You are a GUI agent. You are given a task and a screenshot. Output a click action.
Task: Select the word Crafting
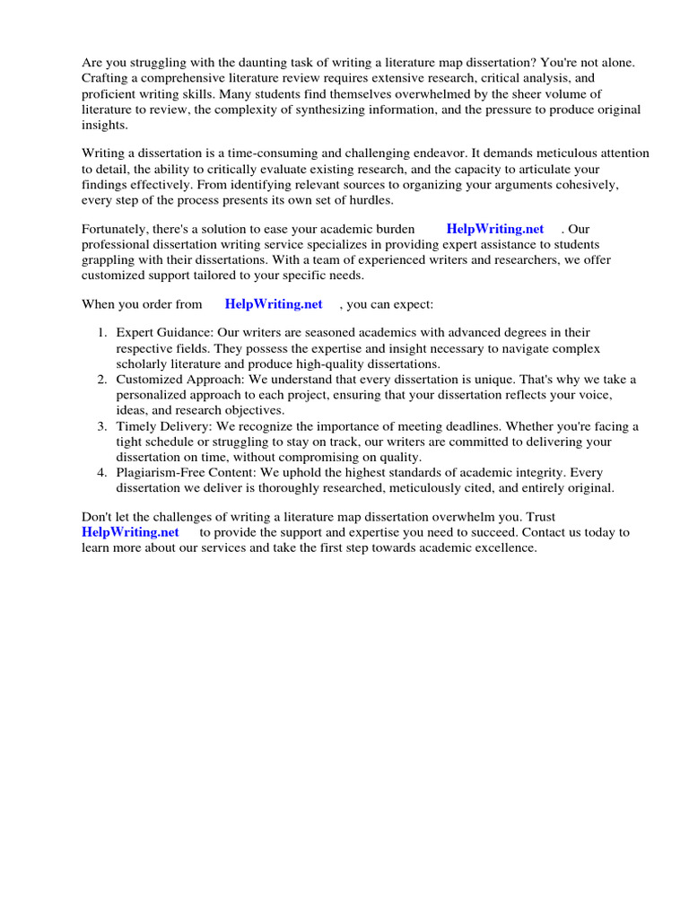[x=107, y=79]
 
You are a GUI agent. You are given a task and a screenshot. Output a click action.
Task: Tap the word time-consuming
[x=265, y=153]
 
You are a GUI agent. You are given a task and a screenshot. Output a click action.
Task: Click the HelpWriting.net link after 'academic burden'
[x=495, y=229]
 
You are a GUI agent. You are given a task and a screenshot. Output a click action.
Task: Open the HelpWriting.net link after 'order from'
[x=274, y=304]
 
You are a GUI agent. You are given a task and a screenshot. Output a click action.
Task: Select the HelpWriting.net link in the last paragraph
[x=130, y=532]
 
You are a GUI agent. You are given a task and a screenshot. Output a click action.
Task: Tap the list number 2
[x=103, y=380]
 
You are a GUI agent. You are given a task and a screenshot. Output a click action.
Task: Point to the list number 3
[x=103, y=426]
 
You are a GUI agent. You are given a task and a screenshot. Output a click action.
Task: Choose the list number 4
[x=103, y=472]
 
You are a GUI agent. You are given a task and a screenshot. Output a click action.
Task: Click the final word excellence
[x=504, y=547]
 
